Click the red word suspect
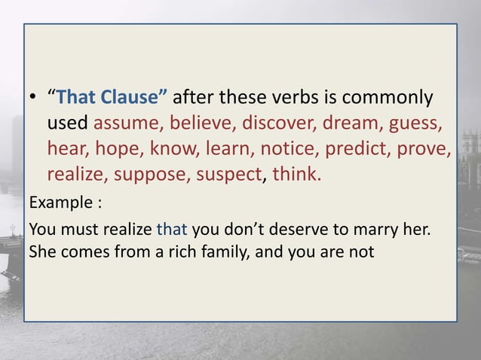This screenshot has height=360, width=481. pyautogui.click(x=226, y=175)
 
